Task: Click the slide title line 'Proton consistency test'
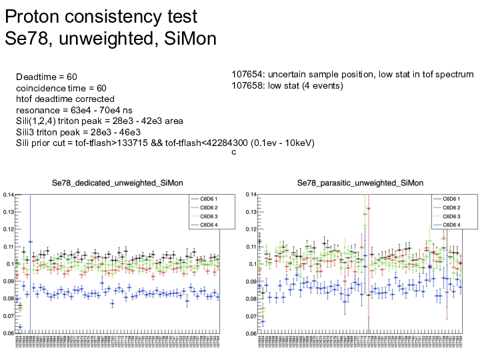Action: tap(101, 15)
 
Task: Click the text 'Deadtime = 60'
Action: tap(47, 78)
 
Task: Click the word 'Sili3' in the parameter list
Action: tap(27, 132)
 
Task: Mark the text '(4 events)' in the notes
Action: tap(323, 85)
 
